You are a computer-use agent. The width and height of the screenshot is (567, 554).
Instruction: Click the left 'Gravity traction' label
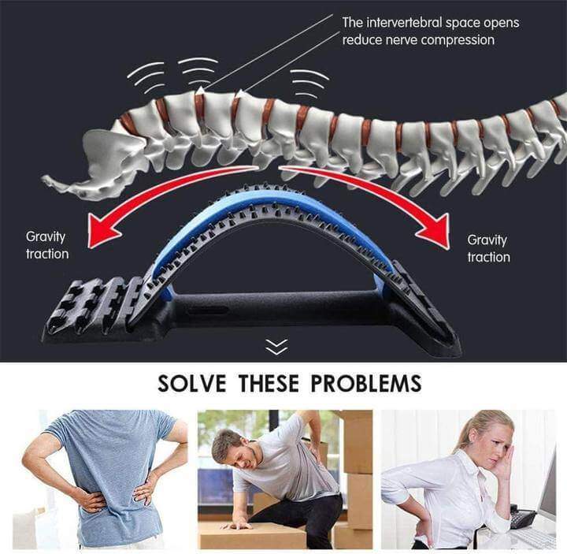[x=47, y=245]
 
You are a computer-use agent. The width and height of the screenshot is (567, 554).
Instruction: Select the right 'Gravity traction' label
[x=488, y=248]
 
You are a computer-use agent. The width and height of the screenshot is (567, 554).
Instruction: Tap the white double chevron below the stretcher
[x=276, y=347]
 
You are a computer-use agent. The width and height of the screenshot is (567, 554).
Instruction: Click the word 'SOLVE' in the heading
[x=192, y=383]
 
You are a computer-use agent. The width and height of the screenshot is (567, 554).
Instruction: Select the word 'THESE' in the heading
[x=269, y=383]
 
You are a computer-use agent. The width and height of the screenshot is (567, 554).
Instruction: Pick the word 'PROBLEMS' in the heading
[x=366, y=383]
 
